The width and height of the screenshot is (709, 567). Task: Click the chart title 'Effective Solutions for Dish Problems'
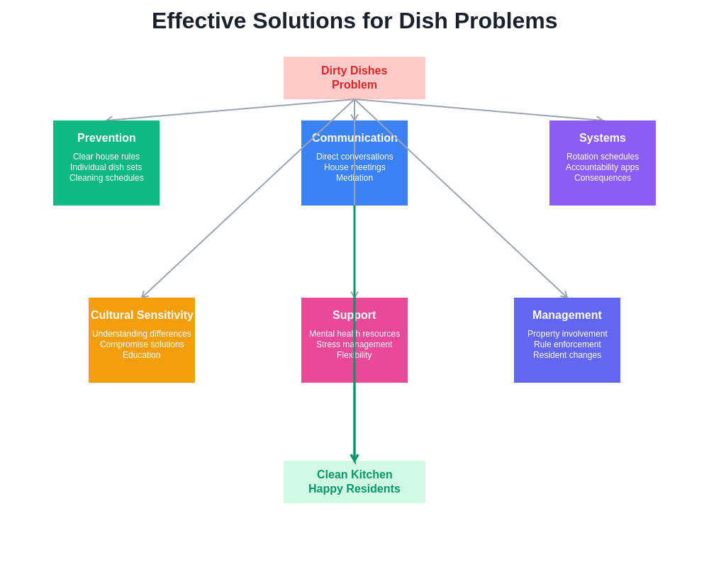pos(354,21)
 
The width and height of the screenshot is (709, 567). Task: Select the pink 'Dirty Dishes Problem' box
pos(354,78)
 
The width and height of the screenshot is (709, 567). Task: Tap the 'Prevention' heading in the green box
pos(106,138)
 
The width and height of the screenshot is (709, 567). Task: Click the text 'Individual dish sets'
pos(106,167)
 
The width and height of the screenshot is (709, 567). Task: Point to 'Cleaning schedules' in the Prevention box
pos(106,178)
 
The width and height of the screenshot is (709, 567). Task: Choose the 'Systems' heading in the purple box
pos(602,138)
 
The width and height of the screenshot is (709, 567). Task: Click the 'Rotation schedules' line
pos(602,157)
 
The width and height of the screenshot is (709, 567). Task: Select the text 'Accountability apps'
pos(602,167)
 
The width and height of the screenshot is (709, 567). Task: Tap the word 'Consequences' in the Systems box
pos(602,178)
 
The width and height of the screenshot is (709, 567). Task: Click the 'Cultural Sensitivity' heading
pos(142,315)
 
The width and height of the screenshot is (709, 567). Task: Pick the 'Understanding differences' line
pos(142,334)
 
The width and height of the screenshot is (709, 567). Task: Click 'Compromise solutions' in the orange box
pos(142,344)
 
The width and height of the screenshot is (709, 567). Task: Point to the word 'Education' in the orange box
pos(142,355)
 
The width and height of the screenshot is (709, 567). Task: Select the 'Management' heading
pos(566,315)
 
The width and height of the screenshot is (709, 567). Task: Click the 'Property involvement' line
pos(566,334)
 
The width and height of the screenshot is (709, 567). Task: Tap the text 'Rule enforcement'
pos(566,344)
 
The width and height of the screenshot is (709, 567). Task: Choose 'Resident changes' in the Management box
pos(566,355)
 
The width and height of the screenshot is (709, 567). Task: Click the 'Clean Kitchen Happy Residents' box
pos(354,482)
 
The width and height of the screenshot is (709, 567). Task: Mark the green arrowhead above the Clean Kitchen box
pos(354,458)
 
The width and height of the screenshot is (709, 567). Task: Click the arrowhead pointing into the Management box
pos(565,296)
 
